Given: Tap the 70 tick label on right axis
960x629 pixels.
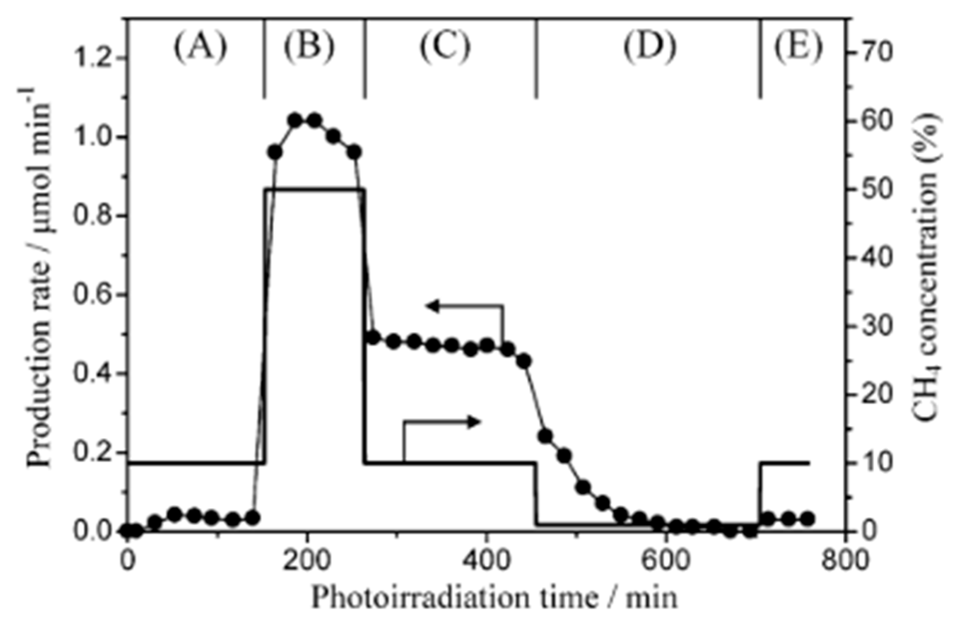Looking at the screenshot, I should [x=874, y=52].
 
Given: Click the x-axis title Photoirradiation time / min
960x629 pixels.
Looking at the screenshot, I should [x=494, y=598].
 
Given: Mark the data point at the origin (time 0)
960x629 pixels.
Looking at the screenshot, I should [x=128, y=531].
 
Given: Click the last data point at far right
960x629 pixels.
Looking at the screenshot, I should [x=808, y=519].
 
